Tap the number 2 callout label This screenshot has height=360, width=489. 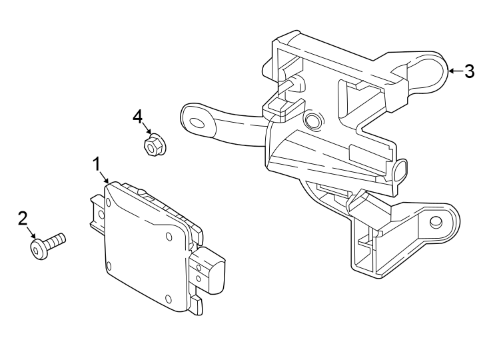[23, 217]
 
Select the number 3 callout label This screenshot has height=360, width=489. [470, 71]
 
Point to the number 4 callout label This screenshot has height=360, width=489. [138, 117]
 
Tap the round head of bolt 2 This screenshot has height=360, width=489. [39, 249]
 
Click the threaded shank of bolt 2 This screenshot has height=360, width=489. [57, 239]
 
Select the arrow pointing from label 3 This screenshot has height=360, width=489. [454, 71]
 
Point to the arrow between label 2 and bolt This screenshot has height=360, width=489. [31, 233]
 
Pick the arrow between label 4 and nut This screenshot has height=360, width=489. [145, 130]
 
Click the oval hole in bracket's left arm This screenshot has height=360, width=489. [198, 123]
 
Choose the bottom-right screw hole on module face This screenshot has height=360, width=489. [168, 297]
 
